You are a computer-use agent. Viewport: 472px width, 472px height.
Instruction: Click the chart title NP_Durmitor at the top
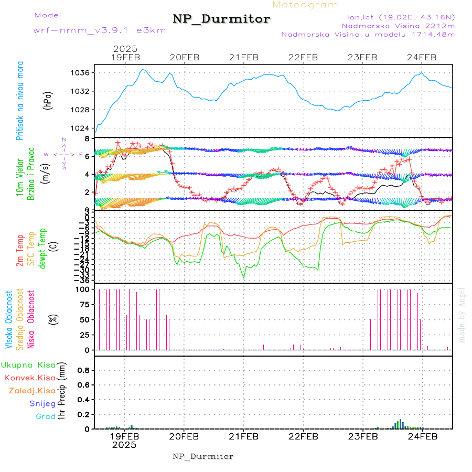tap(221, 19)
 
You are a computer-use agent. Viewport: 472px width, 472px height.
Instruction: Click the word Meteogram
tap(306, 5)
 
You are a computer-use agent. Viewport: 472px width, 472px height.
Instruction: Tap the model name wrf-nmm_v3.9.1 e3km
tap(100, 30)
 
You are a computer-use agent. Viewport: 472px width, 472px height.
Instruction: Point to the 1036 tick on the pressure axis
tap(84, 72)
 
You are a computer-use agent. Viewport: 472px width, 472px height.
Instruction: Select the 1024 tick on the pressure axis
tap(84, 128)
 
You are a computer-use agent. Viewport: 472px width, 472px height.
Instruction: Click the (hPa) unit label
tap(47, 100)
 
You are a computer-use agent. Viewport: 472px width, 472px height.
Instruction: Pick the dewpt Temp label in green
tap(43, 248)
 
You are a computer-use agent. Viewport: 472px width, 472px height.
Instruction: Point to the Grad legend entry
tap(45, 417)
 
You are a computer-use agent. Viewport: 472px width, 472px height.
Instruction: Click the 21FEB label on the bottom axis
tap(243, 436)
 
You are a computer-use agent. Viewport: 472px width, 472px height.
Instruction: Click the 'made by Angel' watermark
tap(462, 315)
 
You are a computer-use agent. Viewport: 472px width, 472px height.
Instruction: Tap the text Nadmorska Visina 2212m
tap(398, 25)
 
